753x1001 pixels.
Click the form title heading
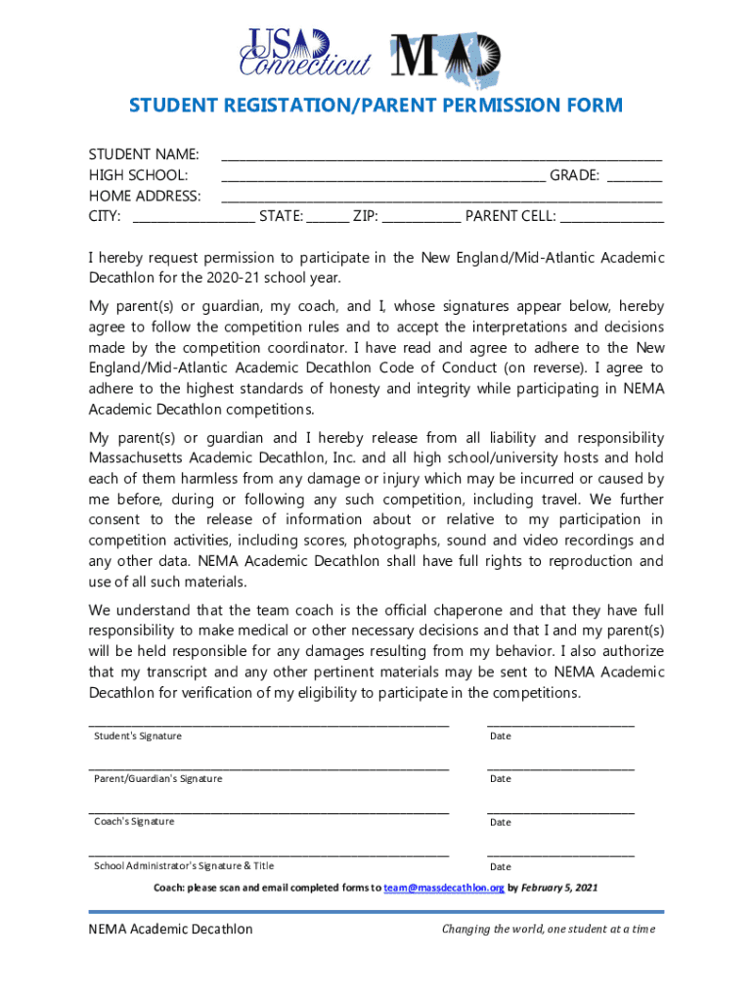tap(376, 106)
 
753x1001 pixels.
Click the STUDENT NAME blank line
tap(441, 157)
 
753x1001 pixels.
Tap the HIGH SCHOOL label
tap(138, 175)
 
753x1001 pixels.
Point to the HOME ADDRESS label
tap(145, 196)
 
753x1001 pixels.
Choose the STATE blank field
tap(327, 220)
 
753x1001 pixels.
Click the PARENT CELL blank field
tap(611, 220)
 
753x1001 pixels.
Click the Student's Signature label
tap(137, 735)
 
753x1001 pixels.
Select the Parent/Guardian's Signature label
tap(157, 778)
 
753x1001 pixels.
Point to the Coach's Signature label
tap(134, 821)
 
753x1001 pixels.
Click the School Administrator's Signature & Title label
tap(184, 865)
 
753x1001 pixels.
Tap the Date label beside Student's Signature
tap(500, 736)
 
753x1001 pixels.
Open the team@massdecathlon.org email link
tap(444, 889)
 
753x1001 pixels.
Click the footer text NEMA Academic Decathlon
tap(170, 929)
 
